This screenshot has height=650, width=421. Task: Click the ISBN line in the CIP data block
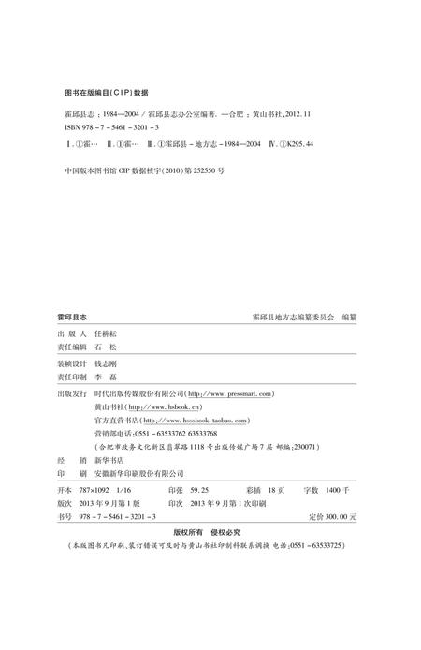tap(99, 126)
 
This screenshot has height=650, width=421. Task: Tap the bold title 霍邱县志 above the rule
tap(74, 318)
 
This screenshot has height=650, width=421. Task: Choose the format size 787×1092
tap(102, 490)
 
